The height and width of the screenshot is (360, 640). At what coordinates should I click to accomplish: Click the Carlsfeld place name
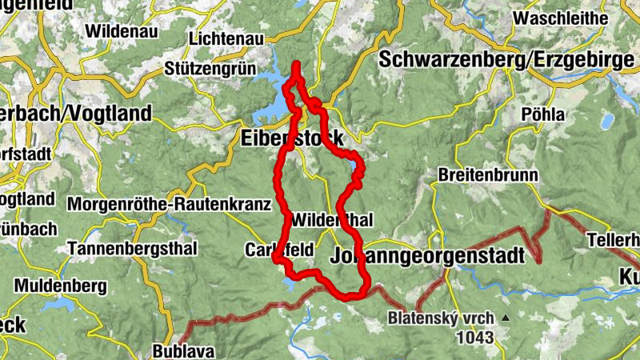point(278,250)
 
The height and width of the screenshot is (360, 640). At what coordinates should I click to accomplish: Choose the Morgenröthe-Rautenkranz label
point(170,205)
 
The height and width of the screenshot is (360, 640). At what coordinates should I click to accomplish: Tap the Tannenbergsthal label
point(133,249)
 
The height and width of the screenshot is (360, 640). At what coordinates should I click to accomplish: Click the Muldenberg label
point(61,285)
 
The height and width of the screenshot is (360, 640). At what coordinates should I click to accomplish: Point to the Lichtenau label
point(226,38)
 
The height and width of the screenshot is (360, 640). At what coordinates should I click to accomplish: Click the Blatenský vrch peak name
point(439,318)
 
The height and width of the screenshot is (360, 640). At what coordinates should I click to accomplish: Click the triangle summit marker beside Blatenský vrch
point(504,318)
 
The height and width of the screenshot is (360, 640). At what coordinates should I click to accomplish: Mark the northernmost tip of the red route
point(296,63)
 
